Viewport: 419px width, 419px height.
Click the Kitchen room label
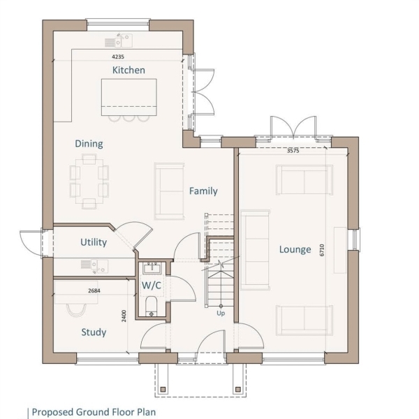(x=128, y=70)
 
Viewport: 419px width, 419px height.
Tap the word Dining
(x=89, y=144)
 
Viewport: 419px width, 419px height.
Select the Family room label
(x=203, y=191)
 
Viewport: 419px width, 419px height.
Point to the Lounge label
(x=295, y=249)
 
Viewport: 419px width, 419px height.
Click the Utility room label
(x=94, y=242)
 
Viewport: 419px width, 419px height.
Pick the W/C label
(x=152, y=286)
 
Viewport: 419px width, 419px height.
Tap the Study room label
(x=94, y=332)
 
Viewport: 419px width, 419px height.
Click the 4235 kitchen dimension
(x=118, y=57)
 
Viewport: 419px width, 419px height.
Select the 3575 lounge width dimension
(x=293, y=151)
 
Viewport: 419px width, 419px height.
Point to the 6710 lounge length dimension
(x=322, y=250)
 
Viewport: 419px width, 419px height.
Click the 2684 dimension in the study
(x=94, y=291)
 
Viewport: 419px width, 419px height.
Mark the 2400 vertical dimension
(x=124, y=316)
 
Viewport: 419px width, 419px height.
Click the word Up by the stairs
(x=221, y=313)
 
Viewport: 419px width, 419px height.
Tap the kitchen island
(x=128, y=97)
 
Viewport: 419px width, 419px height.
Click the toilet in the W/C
(x=152, y=307)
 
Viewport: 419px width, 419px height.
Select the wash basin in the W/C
(x=152, y=268)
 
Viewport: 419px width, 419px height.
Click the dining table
(x=89, y=182)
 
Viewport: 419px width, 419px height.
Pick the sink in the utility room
(x=95, y=266)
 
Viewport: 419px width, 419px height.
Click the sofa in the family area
(x=169, y=191)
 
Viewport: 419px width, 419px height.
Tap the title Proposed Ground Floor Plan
(x=94, y=412)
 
